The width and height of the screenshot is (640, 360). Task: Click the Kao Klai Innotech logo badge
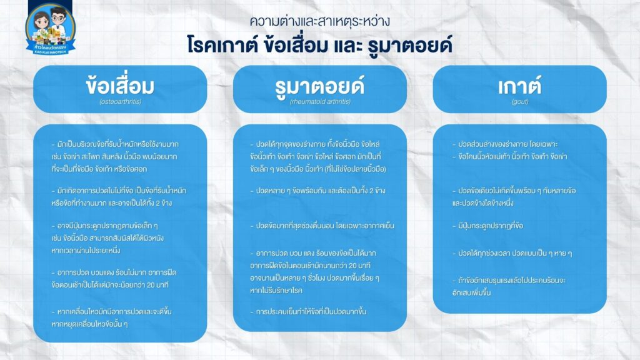[50, 29]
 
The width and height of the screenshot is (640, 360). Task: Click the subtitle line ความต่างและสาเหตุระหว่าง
[319, 21]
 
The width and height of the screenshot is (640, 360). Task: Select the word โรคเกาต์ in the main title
[222, 44]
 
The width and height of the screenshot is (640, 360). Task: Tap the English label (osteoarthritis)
[120, 101]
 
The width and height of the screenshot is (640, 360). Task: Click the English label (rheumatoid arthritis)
[320, 101]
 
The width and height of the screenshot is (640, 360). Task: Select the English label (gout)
[519, 101]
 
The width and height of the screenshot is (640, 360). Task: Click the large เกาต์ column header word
[519, 86]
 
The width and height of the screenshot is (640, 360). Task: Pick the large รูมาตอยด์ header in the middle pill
[319, 86]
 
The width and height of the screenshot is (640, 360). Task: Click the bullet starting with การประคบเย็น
[308, 311]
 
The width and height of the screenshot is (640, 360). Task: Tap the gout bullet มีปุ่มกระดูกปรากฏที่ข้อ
[487, 226]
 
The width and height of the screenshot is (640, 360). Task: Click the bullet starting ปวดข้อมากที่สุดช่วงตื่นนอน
[322, 226]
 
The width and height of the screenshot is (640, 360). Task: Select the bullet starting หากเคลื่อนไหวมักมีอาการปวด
[111, 317]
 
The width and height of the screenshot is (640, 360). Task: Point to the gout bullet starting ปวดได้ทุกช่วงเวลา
[512, 253]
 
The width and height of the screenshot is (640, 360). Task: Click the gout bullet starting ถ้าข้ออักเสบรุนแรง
[509, 286]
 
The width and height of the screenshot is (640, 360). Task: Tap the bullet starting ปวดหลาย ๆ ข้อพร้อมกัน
[317, 191]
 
